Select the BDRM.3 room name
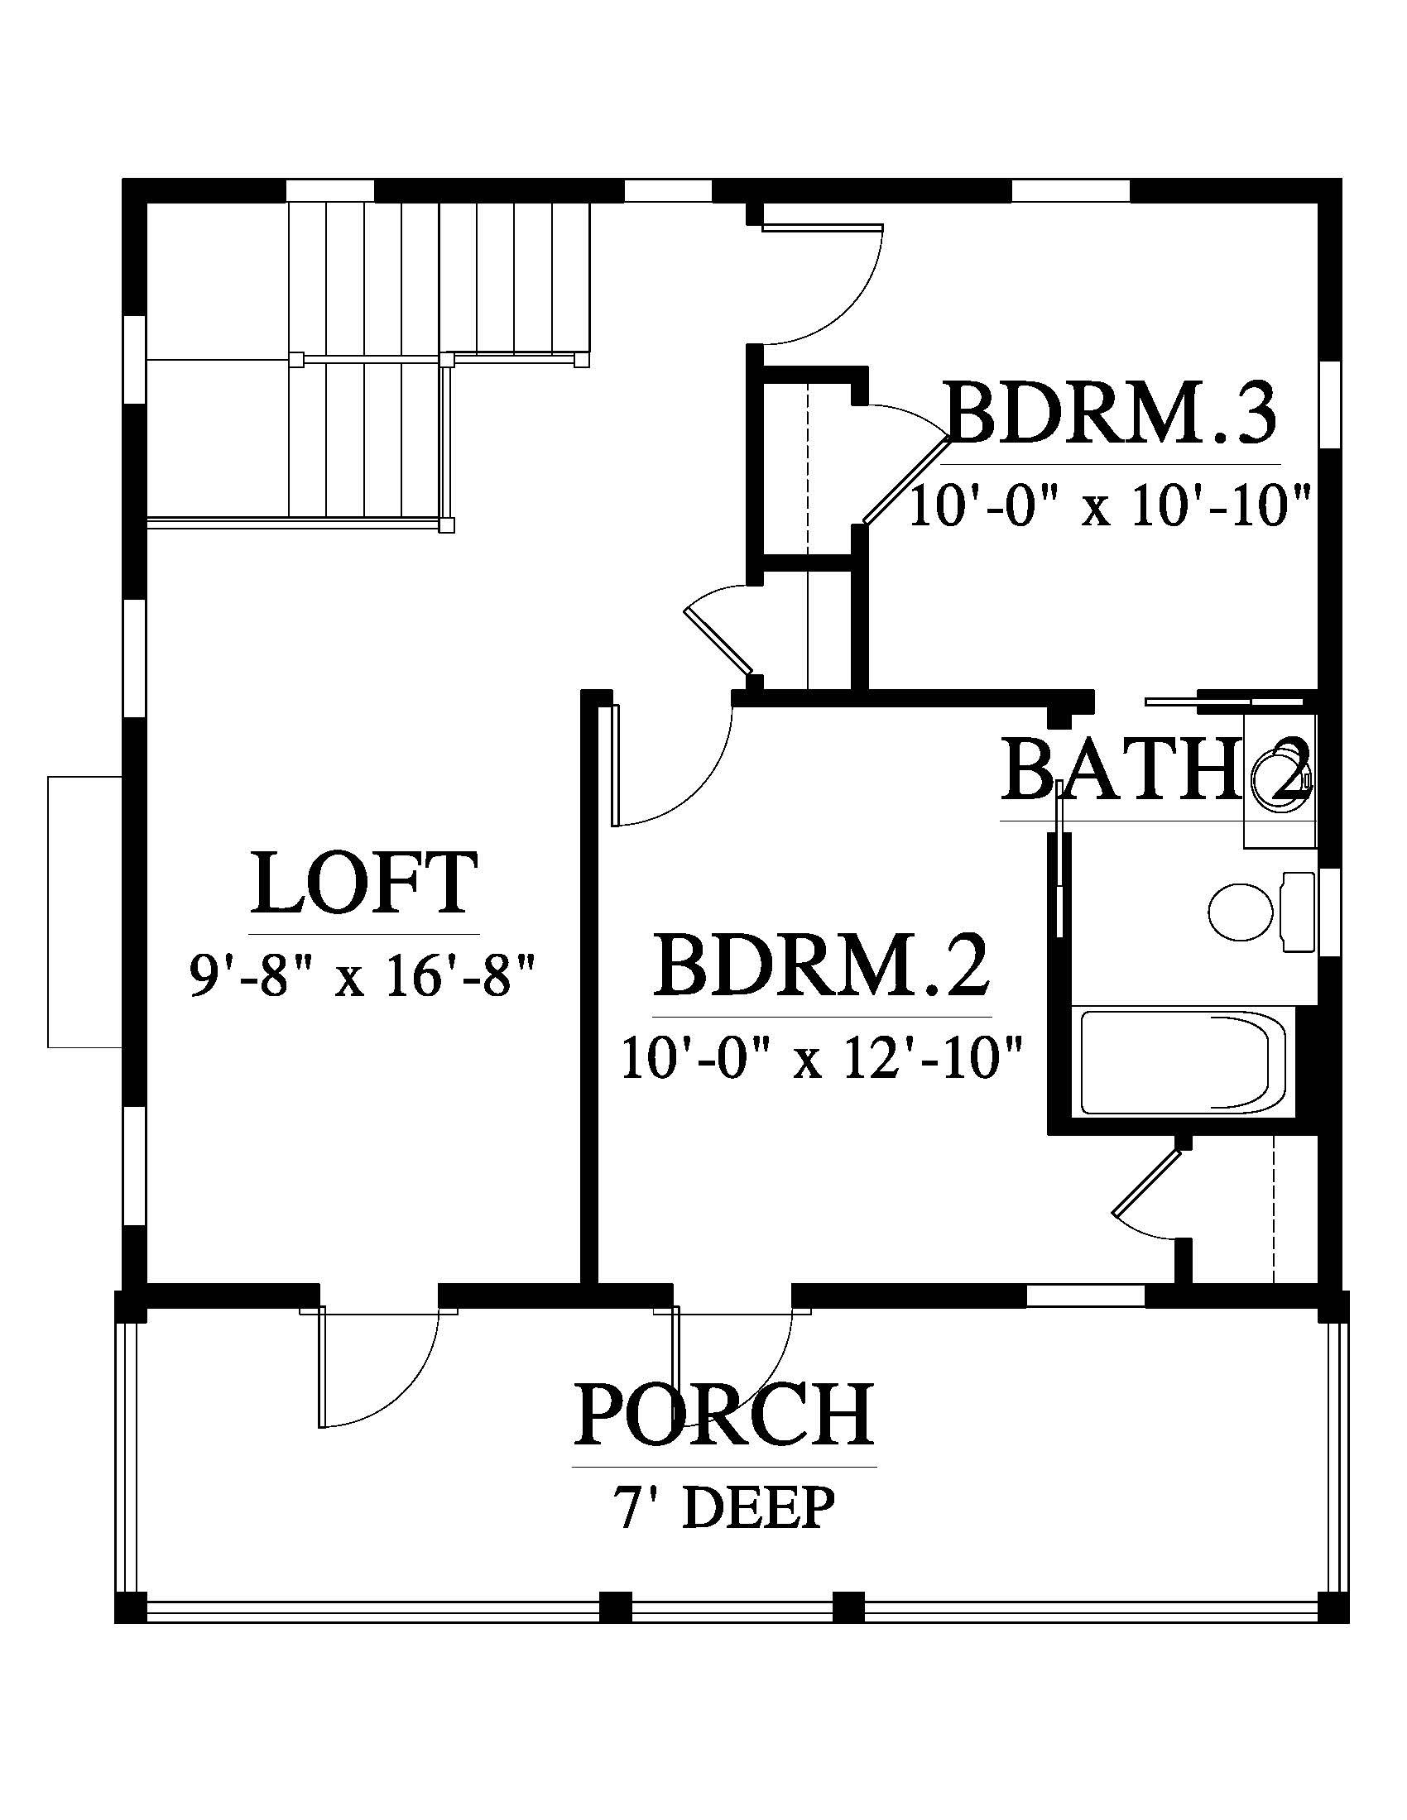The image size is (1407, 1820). [1111, 412]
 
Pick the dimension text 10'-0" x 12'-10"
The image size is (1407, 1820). [822, 1058]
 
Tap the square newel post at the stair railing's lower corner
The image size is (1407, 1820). [448, 525]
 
